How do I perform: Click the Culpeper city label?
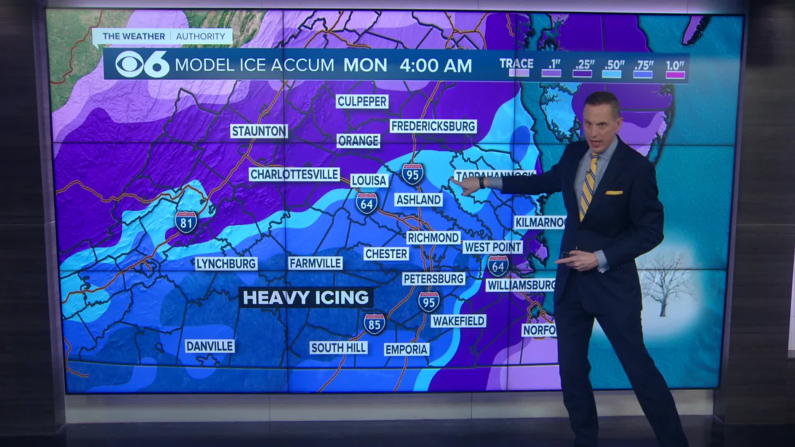click(x=362, y=101)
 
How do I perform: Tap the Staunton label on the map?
click(x=259, y=131)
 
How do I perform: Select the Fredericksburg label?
click(x=433, y=126)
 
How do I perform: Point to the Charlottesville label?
click(x=294, y=174)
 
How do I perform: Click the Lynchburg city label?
click(x=226, y=264)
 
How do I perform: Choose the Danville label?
click(x=210, y=346)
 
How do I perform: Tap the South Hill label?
click(x=338, y=348)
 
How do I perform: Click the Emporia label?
click(x=406, y=349)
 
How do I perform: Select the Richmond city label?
click(x=433, y=238)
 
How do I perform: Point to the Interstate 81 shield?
click(x=185, y=222)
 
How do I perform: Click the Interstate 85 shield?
click(x=374, y=323)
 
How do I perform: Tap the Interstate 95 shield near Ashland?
click(x=412, y=174)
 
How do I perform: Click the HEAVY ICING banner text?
click(x=306, y=298)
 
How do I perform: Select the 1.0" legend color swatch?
click(x=675, y=74)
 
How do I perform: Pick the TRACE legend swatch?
click(x=518, y=73)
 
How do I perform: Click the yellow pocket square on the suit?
click(x=614, y=192)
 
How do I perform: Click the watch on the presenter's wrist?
click(x=482, y=183)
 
